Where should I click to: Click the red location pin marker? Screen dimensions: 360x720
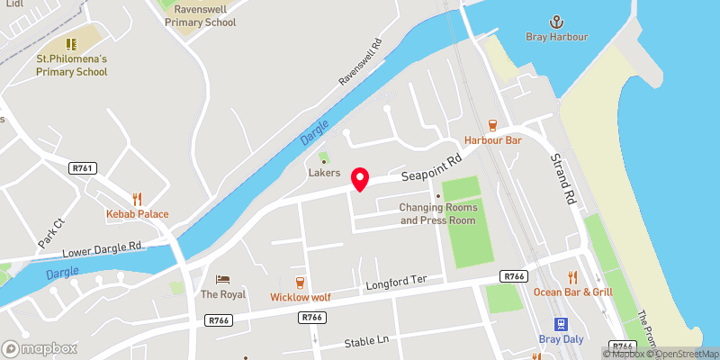click(x=360, y=178)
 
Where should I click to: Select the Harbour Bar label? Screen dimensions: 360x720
click(x=493, y=140)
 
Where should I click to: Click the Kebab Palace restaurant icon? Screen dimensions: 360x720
click(x=138, y=198)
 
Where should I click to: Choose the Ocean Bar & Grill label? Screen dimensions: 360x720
click(x=572, y=292)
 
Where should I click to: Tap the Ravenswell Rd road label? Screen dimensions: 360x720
click(x=361, y=61)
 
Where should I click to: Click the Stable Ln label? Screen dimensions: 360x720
click(x=365, y=343)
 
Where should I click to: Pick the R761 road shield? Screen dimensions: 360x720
click(x=82, y=167)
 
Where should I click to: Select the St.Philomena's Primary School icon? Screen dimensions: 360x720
click(x=71, y=43)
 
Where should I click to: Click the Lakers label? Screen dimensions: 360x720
click(x=324, y=172)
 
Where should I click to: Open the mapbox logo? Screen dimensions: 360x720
click(x=40, y=348)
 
